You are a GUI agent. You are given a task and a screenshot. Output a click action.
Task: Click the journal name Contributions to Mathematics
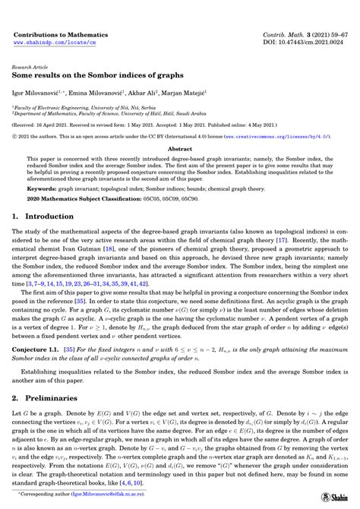point(60,36)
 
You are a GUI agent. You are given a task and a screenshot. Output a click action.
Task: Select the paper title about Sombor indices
point(85,77)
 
